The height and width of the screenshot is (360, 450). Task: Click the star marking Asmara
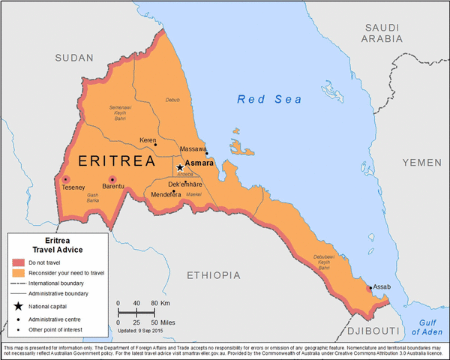coord(180,167)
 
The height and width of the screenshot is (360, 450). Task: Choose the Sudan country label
coord(74,57)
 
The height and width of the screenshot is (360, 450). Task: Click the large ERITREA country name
coord(116,161)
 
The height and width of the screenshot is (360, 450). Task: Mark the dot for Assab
coord(368,288)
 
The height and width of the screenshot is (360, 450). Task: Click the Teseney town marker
coord(66,179)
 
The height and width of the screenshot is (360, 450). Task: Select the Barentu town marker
coord(112,179)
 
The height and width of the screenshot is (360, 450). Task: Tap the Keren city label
coord(148,139)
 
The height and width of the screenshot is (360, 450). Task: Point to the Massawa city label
coord(193,149)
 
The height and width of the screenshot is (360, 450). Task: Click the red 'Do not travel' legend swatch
coord(18,262)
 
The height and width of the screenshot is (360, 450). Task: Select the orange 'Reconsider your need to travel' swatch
coord(18,273)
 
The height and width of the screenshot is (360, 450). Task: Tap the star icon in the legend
coord(18,306)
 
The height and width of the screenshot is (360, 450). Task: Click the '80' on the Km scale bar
coord(154,302)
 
